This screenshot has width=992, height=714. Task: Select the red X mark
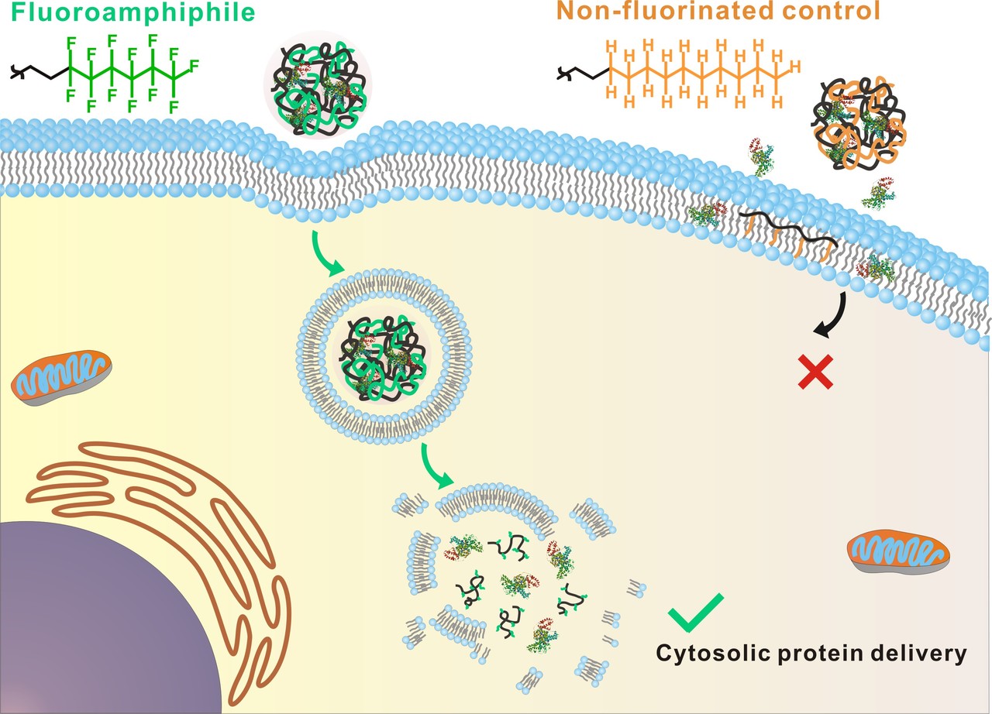point(818,372)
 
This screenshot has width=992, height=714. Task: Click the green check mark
point(695,613)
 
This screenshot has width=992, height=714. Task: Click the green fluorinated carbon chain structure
point(124,72)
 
